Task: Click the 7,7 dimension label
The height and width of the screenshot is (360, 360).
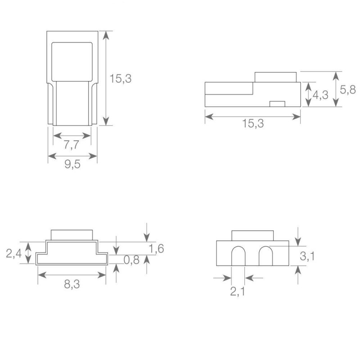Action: [72, 145]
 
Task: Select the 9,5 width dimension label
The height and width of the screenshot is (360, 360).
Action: [72, 165]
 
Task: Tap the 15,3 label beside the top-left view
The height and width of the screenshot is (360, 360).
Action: [121, 78]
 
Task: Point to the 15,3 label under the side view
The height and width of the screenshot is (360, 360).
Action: [253, 124]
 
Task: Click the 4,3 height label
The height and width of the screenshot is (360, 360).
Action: [320, 95]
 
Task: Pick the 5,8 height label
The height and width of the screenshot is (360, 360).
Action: [347, 90]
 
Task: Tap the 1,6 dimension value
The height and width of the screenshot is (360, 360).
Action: [156, 248]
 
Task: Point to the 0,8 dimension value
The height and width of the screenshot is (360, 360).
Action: [132, 260]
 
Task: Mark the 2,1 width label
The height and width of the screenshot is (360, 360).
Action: [237, 292]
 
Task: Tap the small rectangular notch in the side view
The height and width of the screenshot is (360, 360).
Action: [277, 104]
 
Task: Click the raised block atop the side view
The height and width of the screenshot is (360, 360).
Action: [275, 77]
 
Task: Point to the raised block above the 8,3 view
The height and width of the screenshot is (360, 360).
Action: [72, 235]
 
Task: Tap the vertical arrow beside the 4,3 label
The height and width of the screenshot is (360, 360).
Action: [308, 95]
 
